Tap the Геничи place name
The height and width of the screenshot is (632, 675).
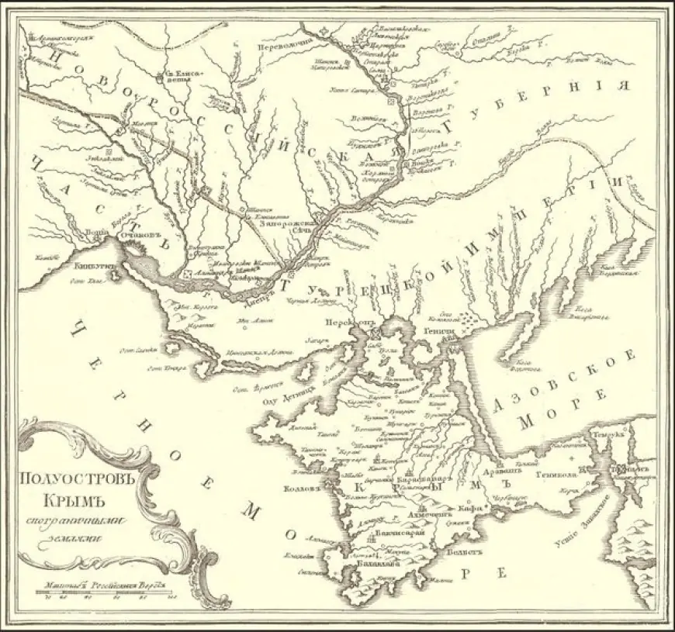click(x=440, y=330)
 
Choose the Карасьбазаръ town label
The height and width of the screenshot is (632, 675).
click(x=422, y=480)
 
